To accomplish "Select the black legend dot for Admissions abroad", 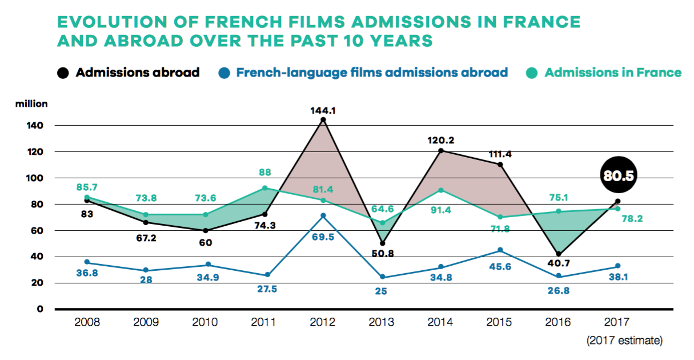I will coord(63,73).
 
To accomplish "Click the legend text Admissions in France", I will coord(613,73).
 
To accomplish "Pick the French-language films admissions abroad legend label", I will coord(372,73).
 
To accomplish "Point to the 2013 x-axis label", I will coord(381,322).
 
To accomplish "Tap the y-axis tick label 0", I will coord(40,309).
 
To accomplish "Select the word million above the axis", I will coord(32,104).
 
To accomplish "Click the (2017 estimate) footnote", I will coord(624,341).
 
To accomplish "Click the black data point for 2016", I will coord(558,254).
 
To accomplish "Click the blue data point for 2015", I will coord(500,250).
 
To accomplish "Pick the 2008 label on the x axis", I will coord(87,322).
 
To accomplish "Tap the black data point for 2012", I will coord(323,120).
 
